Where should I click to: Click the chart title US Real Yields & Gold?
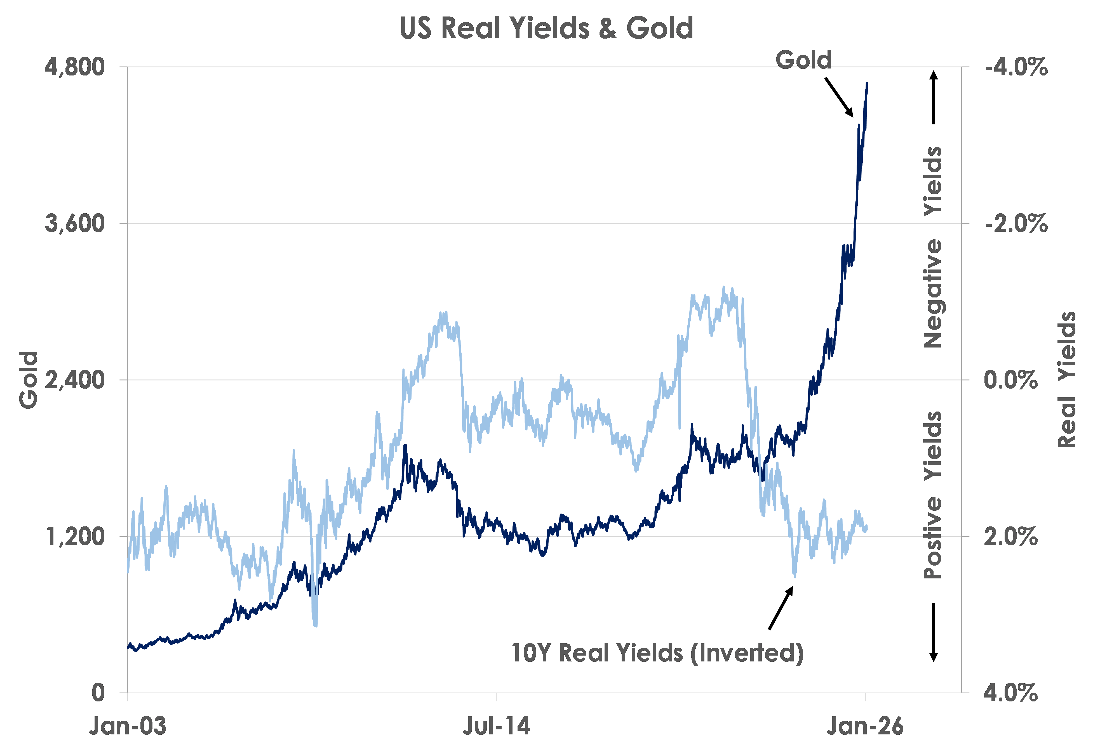coord(547,28)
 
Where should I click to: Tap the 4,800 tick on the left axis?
coord(74,67)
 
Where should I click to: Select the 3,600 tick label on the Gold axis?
coord(74,223)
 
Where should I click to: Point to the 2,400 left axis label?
coord(74,380)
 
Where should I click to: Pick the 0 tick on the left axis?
coord(98,692)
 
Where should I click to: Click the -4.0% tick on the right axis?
coord(1016,67)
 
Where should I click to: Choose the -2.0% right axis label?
coord(1016,223)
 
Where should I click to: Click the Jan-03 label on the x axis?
coord(128,726)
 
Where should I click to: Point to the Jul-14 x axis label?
coord(496,726)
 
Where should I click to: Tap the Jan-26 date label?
coord(865,726)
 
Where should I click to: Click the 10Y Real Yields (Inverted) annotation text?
coord(657,653)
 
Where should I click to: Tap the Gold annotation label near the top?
coord(803,60)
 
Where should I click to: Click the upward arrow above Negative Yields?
coord(934,96)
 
